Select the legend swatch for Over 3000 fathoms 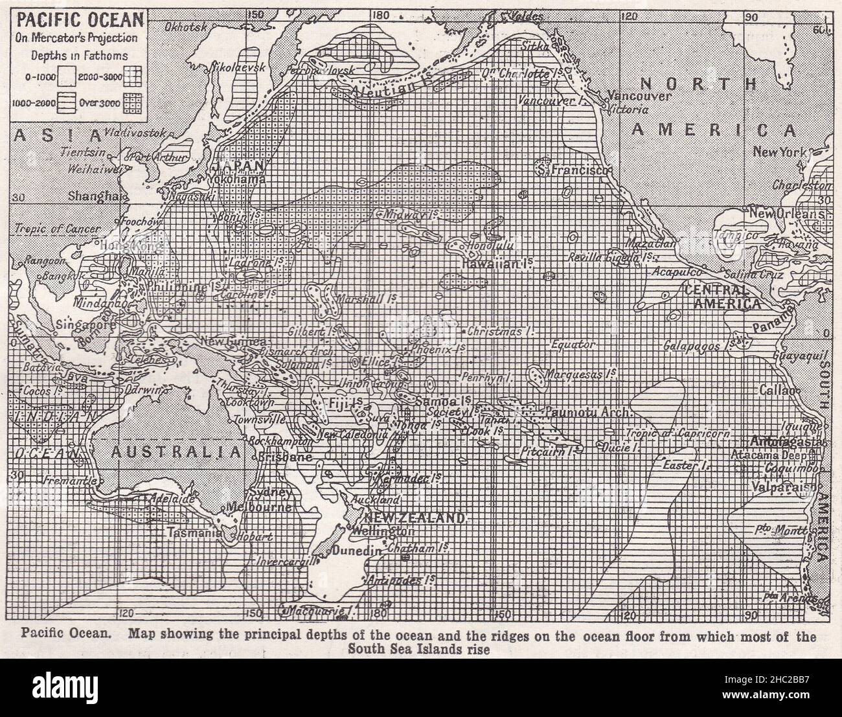pos(134,105)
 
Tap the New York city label pos(780,153)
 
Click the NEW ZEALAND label pos(415,518)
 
